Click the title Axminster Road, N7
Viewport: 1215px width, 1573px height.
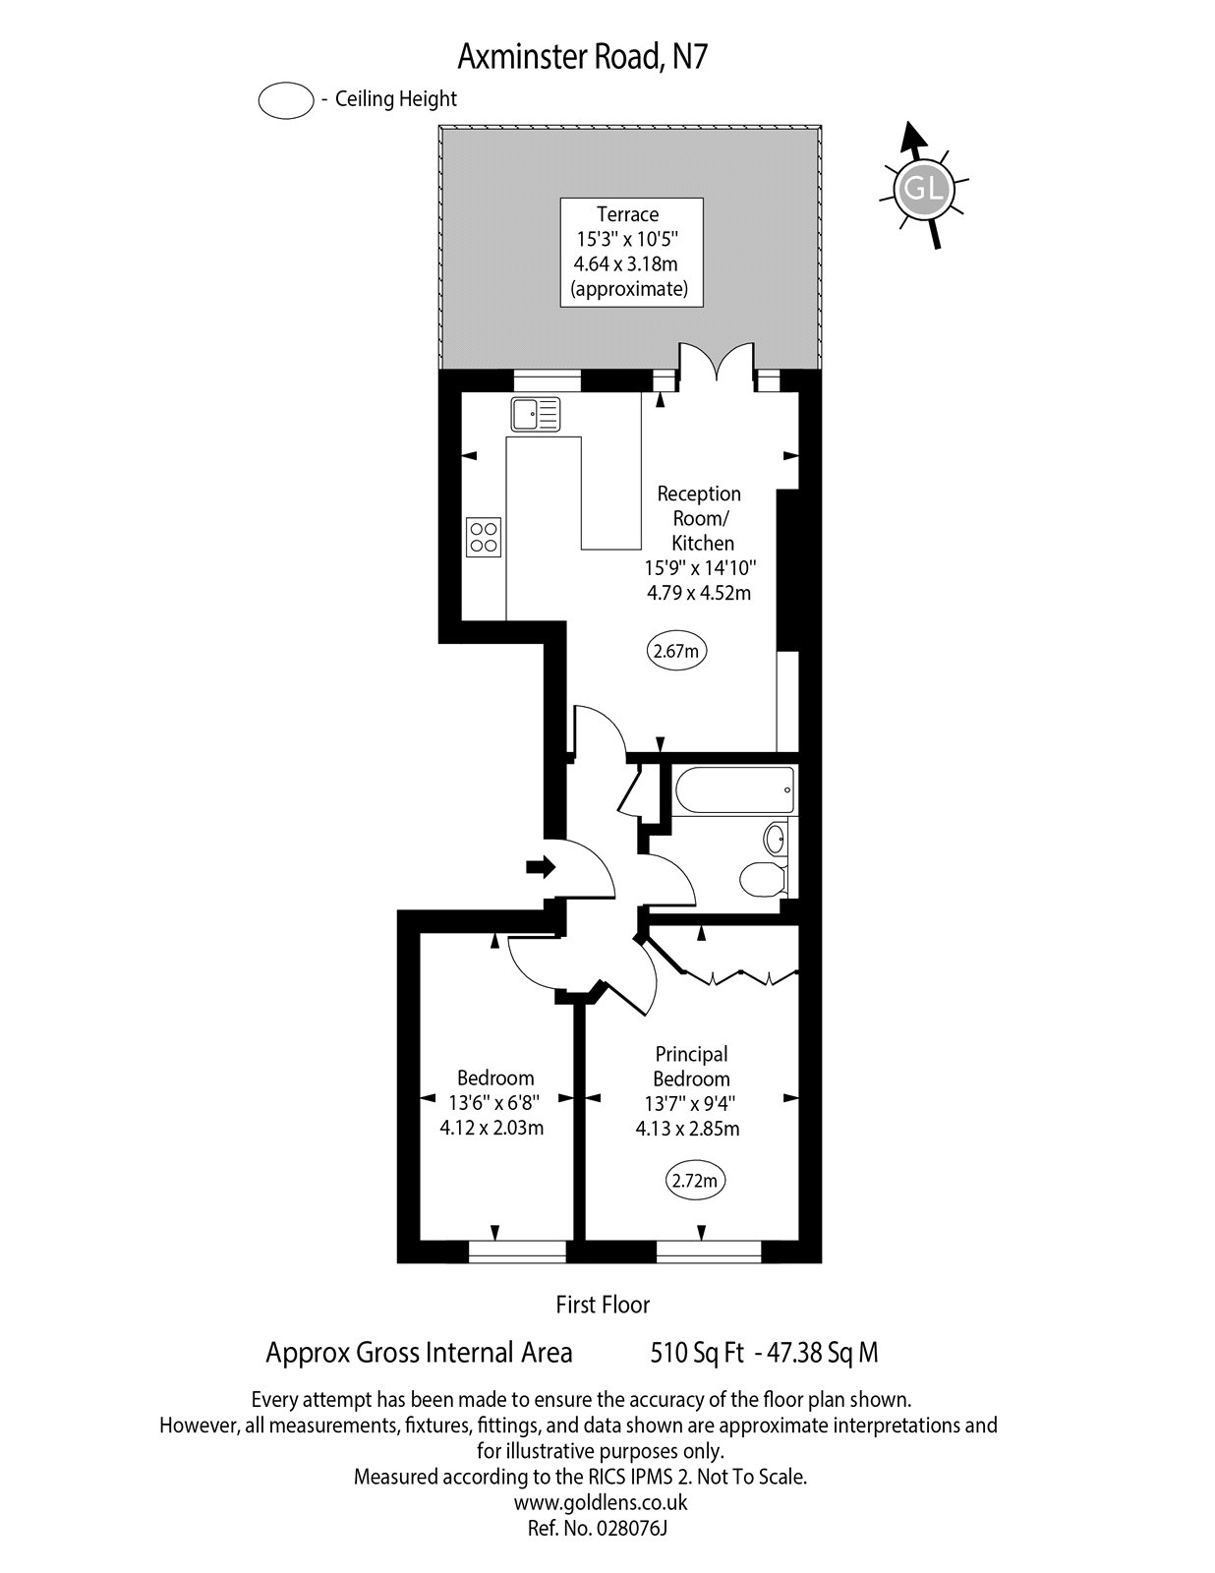click(583, 58)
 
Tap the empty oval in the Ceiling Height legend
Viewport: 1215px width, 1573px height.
click(285, 100)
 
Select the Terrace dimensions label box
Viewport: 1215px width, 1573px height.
click(631, 252)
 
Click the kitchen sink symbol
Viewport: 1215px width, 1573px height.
click(534, 414)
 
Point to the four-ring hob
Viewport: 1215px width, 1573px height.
click(484, 537)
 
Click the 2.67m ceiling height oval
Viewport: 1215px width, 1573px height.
click(677, 650)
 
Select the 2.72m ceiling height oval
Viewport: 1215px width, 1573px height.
click(697, 1181)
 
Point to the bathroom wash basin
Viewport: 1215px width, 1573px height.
click(776, 839)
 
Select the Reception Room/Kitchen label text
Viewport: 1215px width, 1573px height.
click(699, 518)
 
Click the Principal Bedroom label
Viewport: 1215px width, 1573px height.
click(691, 1067)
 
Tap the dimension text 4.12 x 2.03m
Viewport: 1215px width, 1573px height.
click(492, 1128)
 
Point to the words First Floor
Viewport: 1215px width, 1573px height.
click(603, 1305)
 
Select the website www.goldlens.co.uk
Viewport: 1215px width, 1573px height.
click(600, 1502)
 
